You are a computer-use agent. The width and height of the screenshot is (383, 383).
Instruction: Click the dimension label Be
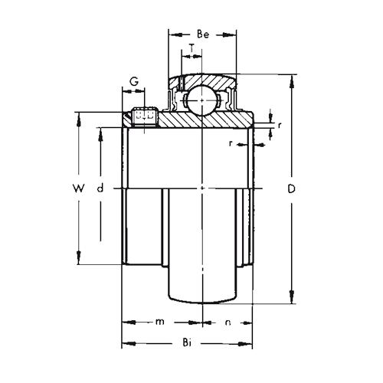tap(203, 34)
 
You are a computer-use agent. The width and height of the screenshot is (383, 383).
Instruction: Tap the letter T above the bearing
tap(191, 47)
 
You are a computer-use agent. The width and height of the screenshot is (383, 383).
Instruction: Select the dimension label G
tap(134, 82)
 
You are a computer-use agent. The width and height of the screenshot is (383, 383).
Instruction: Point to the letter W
tap(78, 188)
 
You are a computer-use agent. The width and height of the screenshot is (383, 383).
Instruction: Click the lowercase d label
tap(100, 188)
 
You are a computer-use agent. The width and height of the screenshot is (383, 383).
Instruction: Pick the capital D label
tap(291, 188)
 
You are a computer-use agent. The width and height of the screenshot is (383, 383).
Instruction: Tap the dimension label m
tap(160, 322)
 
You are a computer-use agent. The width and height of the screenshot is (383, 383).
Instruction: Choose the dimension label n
tap(228, 322)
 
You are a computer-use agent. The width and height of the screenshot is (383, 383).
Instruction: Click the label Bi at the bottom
tap(187, 342)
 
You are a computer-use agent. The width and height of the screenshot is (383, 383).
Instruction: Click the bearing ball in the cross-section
tap(202, 100)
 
